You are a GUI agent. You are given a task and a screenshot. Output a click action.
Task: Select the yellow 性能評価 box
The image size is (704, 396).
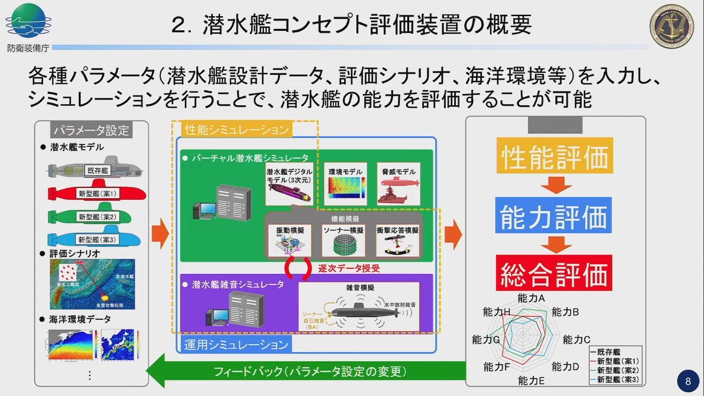pos(554,157)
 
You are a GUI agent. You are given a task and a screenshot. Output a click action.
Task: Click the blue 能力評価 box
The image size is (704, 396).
pos(554,215)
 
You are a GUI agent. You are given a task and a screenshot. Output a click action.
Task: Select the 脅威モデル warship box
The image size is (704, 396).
pos(399,184)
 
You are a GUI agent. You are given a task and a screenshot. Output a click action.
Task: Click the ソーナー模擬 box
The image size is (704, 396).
pos(343,240)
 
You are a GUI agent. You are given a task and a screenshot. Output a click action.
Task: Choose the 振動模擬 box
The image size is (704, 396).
pos(290,240)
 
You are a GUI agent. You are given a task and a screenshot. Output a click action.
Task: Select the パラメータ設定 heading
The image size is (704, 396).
pos(91,130)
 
